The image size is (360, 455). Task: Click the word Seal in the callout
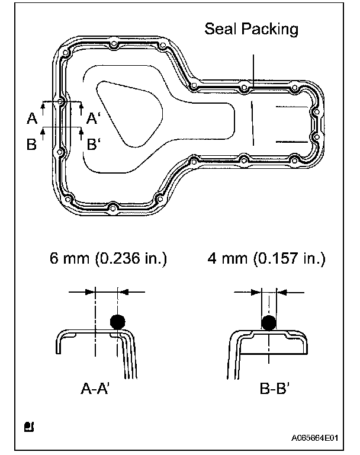pyautogui.click(x=221, y=28)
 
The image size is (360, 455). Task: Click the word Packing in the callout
pyautogui.click(x=270, y=30)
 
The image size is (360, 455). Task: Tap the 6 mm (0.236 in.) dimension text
pyautogui.click(x=108, y=258)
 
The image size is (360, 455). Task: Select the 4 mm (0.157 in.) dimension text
pyautogui.click(x=266, y=258)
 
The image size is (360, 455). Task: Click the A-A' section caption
pyautogui.click(x=95, y=388)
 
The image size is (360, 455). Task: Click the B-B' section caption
pyautogui.click(x=274, y=388)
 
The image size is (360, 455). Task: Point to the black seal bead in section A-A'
pyautogui.click(x=118, y=322)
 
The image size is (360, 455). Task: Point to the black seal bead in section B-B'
pyautogui.click(x=269, y=323)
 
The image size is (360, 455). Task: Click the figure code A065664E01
pyautogui.click(x=315, y=438)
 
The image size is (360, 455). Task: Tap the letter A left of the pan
pyautogui.click(x=32, y=118)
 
